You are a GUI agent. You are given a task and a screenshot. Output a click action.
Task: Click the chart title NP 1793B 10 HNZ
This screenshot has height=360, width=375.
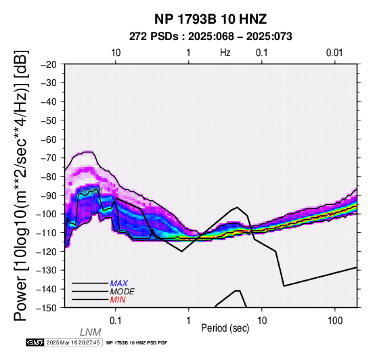pyautogui.click(x=211, y=19)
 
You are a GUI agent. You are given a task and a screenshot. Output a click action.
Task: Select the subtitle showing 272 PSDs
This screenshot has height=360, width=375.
pyautogui.click(x=211, y=37)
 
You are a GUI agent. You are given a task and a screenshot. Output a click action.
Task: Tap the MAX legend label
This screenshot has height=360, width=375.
pyautogui.click(x=119, y=284)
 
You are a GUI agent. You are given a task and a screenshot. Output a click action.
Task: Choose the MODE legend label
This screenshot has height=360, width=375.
pyautogui.click(x=123, y=292)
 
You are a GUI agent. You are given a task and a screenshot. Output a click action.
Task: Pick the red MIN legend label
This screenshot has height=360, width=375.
pyautogui.click(x=118, y=300)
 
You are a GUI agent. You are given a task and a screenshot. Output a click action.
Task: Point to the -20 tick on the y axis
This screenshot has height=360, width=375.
pyautogui.click(x=49, y=64)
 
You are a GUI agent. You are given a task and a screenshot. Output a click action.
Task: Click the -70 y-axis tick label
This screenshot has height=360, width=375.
pyautogui.click(x=49, y=158)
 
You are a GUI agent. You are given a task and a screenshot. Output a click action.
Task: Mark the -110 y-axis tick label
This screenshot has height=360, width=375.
pyautogui.click(x=47, y=233)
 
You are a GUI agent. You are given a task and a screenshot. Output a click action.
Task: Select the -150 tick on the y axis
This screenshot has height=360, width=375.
pyautogui.click(x=47, y=308)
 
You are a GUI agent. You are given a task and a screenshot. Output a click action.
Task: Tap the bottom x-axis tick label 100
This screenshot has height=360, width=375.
pyautogui.click(x=335, y=321)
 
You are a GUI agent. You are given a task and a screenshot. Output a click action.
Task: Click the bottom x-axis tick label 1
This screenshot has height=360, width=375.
pyautogui.click(x=189, y=321)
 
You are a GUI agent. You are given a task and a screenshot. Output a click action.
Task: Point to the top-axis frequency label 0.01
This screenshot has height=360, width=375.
pyautogui.click(x=334, y=53)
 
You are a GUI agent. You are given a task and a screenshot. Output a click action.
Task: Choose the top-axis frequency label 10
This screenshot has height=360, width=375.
pyautogui.click(x=116, y=53)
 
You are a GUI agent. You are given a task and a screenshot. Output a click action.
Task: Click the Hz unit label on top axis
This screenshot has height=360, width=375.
pyautogui.click(x=225, y=53)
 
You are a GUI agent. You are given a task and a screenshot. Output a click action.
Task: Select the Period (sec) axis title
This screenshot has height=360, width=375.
pyautogui.click(x=225, y=328)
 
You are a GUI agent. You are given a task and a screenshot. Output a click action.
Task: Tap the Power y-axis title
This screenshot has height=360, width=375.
pyautogui.click(x=20, y=185)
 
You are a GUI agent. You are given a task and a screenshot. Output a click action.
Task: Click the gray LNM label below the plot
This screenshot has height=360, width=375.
pyautogui.click(x=91, y=332)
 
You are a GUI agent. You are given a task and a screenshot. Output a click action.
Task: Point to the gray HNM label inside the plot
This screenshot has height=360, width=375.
pyautogui.click(x=91, y=191)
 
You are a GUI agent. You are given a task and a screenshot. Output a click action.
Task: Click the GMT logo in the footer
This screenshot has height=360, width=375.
pyautogui.click(x=35, y=342)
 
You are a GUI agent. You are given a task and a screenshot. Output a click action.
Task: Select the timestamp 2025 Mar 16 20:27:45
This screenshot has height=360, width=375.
pyautogui.click(x=73, y=342)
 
